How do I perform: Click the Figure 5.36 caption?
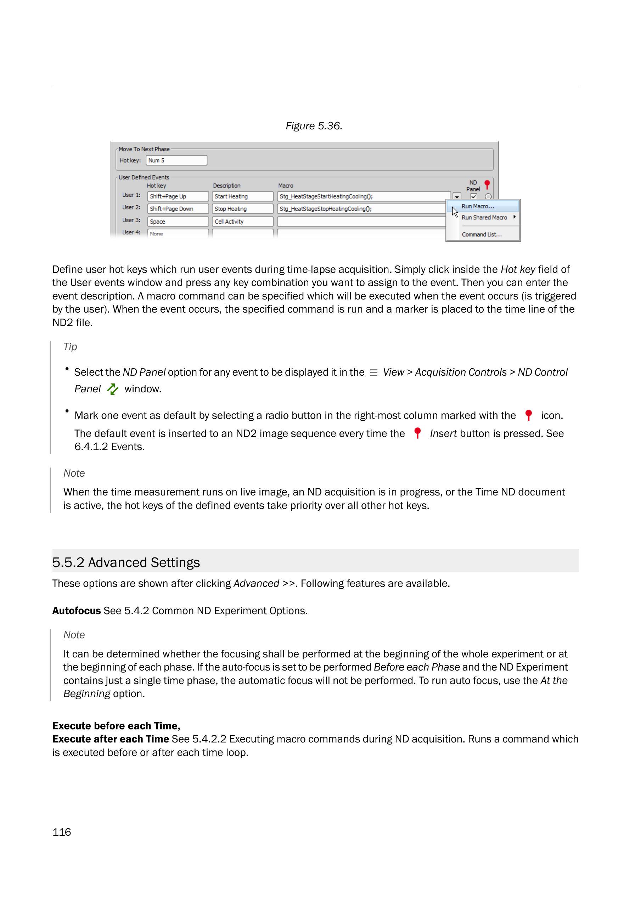tap(314, 126)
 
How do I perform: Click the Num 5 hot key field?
tap(176, 160)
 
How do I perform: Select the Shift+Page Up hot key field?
tap(178, 196)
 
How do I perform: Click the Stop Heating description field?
tap(242, 209)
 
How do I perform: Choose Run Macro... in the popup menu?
tap(478, 206)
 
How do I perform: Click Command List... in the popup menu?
tap(481, 235)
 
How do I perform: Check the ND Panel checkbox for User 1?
tap(474, 196)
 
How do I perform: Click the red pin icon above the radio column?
tap(487, 184)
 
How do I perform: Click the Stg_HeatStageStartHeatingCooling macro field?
tap(364, 196)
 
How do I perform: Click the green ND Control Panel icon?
tap(113, 389)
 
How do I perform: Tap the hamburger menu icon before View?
tap(374, 373)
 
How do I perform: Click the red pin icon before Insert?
tap(417, 433)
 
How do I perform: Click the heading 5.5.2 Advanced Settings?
tap(126, 562)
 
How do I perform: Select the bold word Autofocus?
tap(77, 611)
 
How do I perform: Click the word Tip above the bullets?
tap(71, 347)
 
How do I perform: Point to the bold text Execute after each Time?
tap(111, 739)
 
